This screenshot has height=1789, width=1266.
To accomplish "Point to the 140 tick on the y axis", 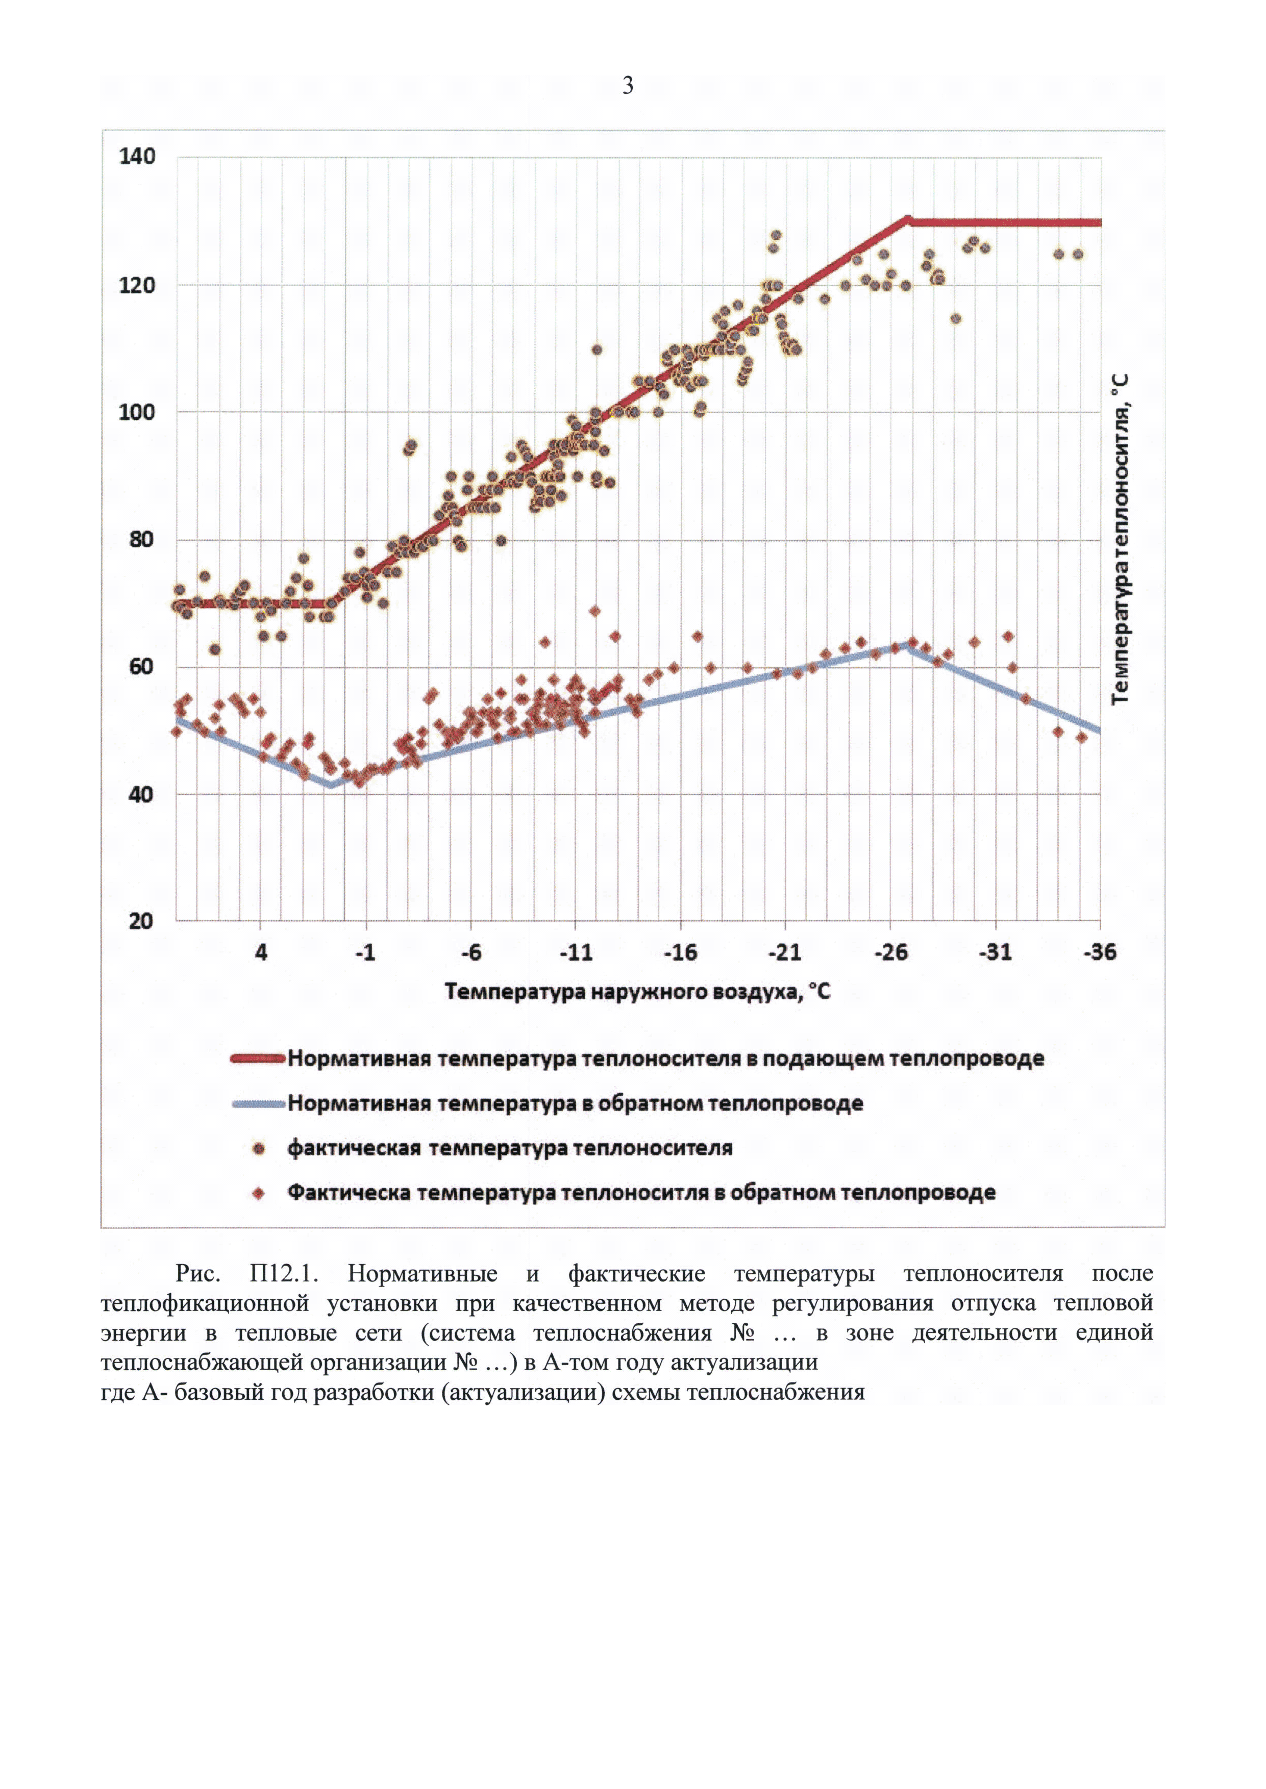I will click(137, 157).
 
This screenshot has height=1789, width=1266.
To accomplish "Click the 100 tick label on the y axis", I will click(137, 412).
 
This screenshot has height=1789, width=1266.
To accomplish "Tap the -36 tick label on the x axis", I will click(1099, 952).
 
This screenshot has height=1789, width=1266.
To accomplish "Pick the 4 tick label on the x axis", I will click(261, 952).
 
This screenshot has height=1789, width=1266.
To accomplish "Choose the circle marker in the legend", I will click(260, 1148).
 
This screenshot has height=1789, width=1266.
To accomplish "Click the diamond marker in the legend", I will click(260, 1193).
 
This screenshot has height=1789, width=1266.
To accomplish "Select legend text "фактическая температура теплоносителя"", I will click(510, 1148).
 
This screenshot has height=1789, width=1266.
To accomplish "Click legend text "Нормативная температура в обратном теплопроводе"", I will click(575, 1104).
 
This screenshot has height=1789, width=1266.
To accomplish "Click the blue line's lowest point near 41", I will click(331, 786).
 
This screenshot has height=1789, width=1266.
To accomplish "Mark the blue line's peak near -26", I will click(907, 644).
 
